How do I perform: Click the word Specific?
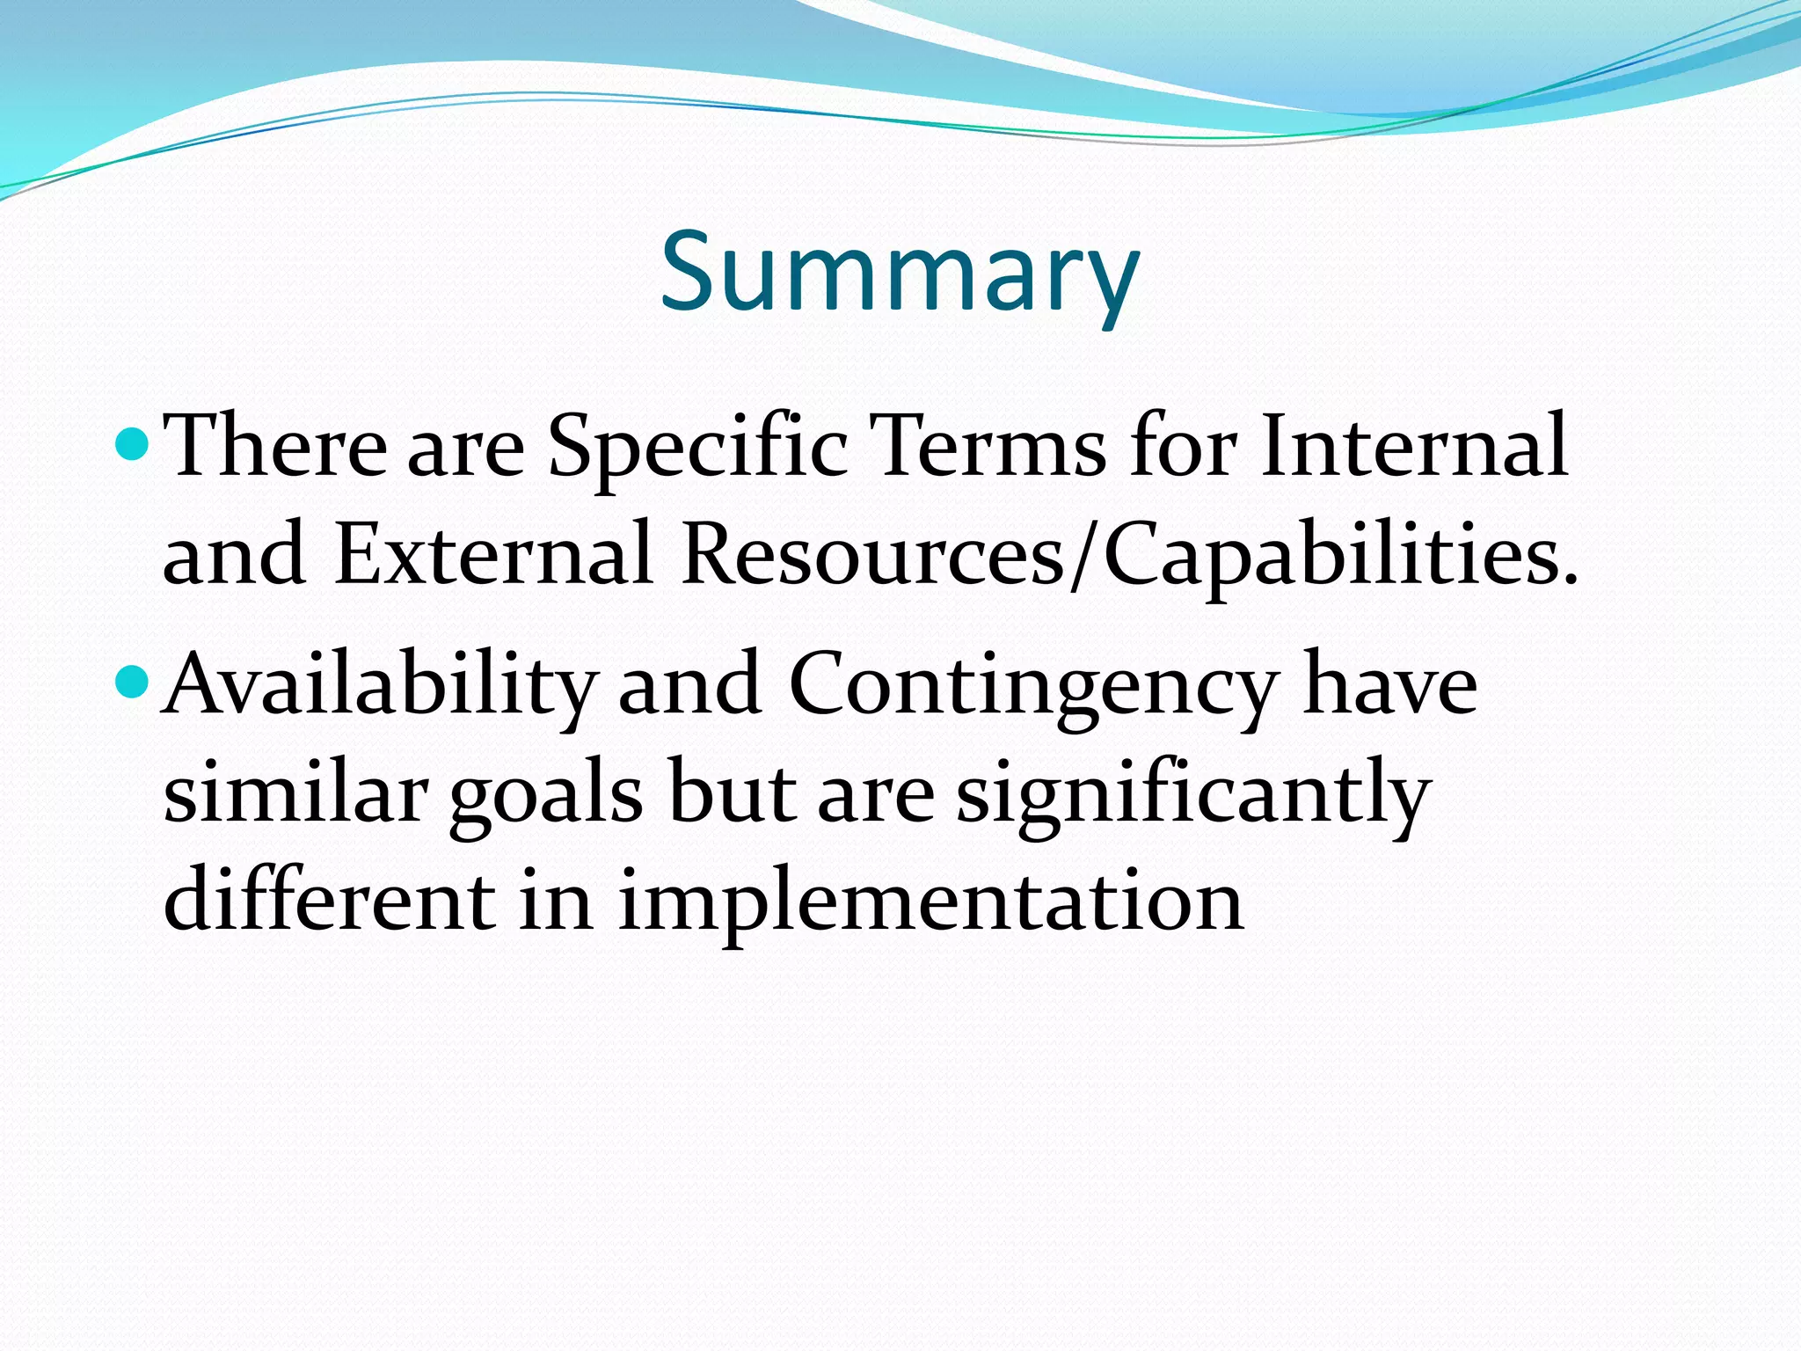pyautogui.click(x=697, y=447)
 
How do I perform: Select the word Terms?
pyautogui.click(x=990, y=447)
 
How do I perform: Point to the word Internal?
pyautogui.click(x=1413, y=447)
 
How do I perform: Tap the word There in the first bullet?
pyautogui.click(x=275, y=447)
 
